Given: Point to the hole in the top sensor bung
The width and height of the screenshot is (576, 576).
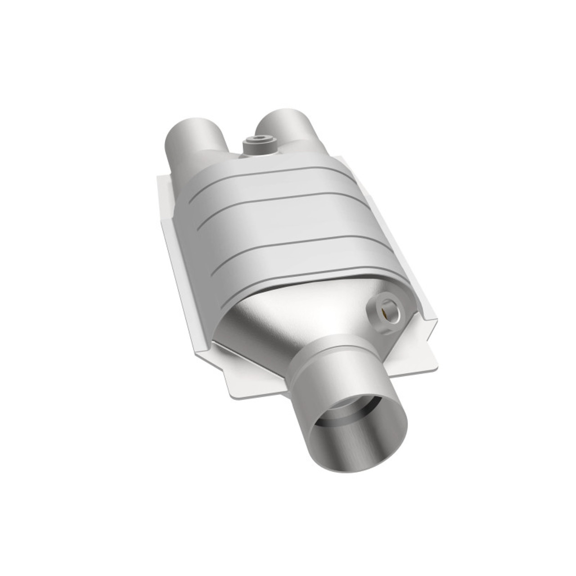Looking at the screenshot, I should point(260,139).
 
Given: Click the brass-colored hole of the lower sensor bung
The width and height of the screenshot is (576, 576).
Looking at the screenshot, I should point(388,311).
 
